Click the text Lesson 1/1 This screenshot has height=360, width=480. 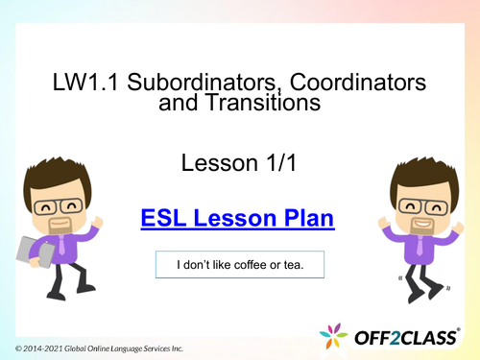coord(237,164)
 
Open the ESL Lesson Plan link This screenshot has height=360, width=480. coord(237,219)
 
